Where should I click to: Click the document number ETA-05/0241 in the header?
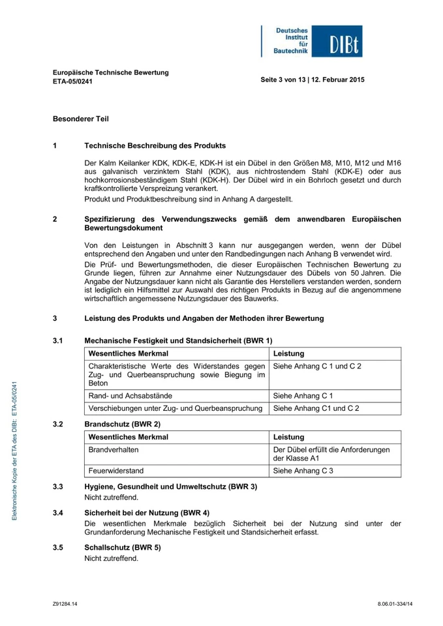pos(72,82)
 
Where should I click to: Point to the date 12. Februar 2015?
pos(338,80)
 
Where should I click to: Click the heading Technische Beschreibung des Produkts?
pos(155,145)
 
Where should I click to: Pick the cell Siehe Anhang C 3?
pos(303,470)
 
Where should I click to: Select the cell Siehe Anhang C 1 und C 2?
pos(317,366)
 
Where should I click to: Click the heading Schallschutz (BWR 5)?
pos(123,548)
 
